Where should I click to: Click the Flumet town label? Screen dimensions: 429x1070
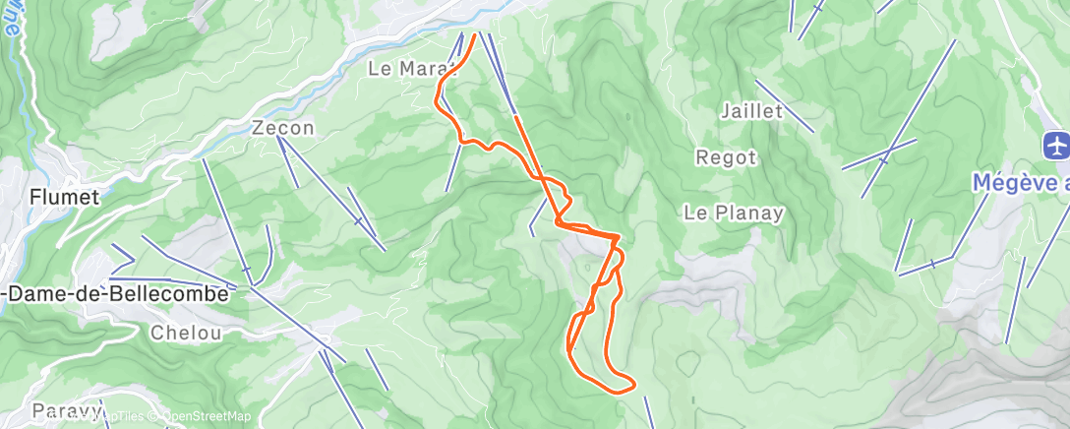point(64,197)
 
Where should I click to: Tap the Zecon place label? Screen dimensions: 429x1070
point(282,128)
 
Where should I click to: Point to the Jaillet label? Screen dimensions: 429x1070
point(751,111)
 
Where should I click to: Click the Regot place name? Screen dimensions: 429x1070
point(726,157)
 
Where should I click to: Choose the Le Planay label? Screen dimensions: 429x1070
point(734,213)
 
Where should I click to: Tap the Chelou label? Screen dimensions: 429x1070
point(186,333)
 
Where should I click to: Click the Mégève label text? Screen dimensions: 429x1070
point(1013,183)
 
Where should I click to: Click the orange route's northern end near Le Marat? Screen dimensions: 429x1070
point(474,36)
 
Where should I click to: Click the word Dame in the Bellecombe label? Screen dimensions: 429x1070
point(41,293)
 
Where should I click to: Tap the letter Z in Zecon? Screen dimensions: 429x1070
point(259,128)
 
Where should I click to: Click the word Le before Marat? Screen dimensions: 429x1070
point(380,69)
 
